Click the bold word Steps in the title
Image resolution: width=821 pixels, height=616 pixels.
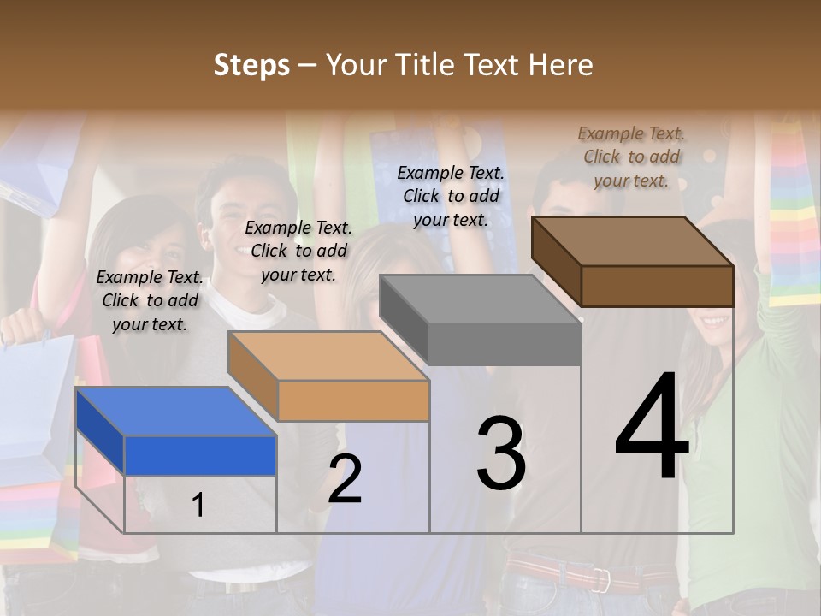(x=251, y=65)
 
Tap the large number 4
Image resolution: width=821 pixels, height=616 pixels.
(x=652, y=428)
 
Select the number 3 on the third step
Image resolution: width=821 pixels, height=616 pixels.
(x=500, y=453)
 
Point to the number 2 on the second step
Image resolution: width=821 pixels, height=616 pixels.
(x=345, y=479)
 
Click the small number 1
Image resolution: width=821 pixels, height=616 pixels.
(x=198, y=506)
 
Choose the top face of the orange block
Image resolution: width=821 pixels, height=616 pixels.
(x=329, y=356)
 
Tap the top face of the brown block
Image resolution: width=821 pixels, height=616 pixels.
(x=633, y=241)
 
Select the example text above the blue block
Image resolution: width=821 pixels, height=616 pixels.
(x=150, y=300)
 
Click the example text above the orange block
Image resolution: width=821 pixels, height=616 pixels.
(x=298, y=251)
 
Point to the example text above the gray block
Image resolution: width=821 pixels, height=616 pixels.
(x=451, y=196)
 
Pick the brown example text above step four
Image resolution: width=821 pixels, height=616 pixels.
(x=631, y=157)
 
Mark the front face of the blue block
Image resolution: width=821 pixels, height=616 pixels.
(x=200, y=455)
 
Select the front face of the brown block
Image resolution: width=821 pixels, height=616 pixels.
(x=657, y=286)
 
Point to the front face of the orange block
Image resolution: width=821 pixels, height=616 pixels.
(x=353, y=400)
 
